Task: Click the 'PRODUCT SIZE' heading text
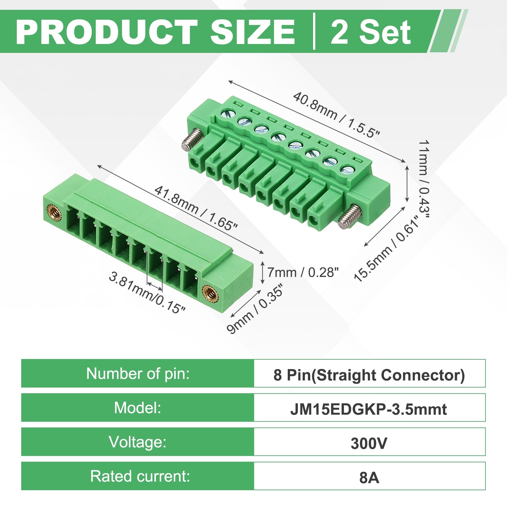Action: point(155,32)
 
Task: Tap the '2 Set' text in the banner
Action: point(371,32)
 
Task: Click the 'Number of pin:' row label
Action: point(138,374)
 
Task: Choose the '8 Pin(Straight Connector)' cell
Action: point(369,375)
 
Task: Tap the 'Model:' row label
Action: point(138,408)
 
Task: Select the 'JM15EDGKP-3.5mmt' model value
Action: point(369,409)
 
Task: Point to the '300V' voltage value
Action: point(369,443)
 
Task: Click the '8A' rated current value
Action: point(369,478)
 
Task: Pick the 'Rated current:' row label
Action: point(140,476)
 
